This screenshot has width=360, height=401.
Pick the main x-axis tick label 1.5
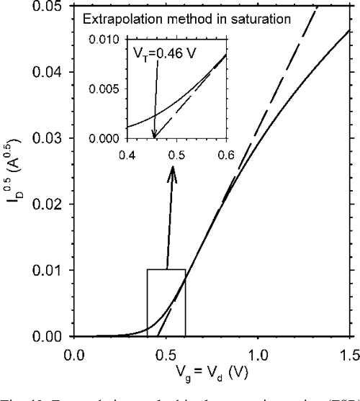349,354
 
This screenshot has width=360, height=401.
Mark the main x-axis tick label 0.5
166,354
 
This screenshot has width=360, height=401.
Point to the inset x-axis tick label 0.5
176,154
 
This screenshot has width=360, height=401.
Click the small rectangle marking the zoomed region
166,302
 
